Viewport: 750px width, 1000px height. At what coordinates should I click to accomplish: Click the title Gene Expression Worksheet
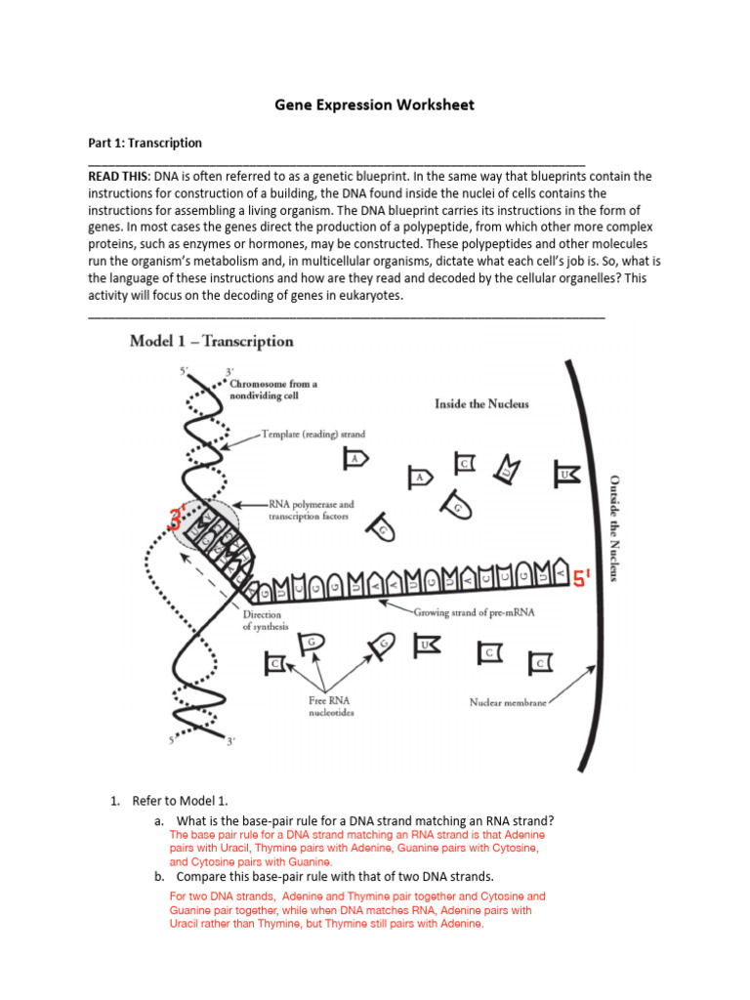[x=375, y=104]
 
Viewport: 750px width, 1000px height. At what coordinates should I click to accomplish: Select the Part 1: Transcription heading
[x=145, y=143]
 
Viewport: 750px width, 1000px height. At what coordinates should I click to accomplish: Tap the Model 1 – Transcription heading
[x=212, y=342]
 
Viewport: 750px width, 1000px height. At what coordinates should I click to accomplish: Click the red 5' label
[x=583, y=580]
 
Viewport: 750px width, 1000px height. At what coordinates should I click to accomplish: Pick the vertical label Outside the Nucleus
[x=614, y=528]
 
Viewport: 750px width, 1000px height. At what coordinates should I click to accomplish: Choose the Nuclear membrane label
[x=508, y=701]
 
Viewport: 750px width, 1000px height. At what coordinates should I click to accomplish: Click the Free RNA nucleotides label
[x=325, y=705]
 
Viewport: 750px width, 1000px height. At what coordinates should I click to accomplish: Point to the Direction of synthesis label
[x=263, y=621]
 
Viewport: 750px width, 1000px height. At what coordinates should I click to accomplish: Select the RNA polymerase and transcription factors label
[x=312, y=510]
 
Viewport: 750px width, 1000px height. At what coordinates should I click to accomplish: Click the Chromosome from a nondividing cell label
[x=271, y=391]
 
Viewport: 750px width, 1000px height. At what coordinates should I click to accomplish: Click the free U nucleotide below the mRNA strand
[x=426, y=646]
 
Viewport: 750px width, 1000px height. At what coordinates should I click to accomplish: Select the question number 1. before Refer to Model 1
[x=114, y=802]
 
